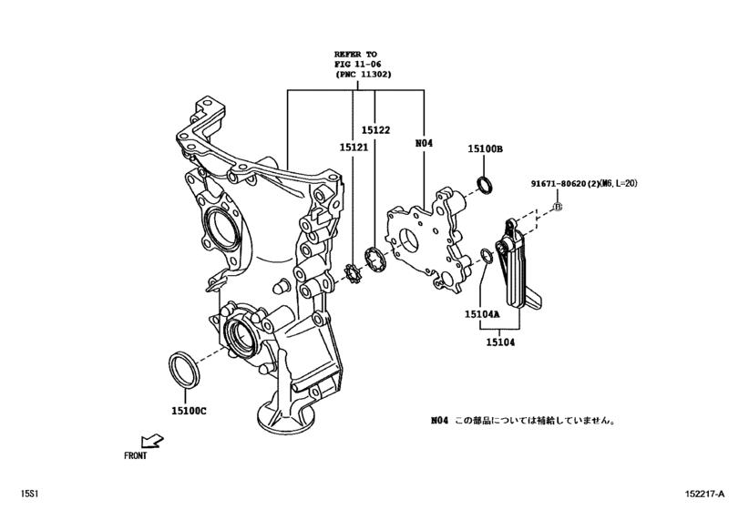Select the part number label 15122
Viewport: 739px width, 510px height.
point(375,130)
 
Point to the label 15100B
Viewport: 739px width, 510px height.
point(486,148)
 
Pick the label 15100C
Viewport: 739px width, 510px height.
point(189,411)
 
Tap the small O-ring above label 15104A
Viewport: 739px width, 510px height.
point(488,260)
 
